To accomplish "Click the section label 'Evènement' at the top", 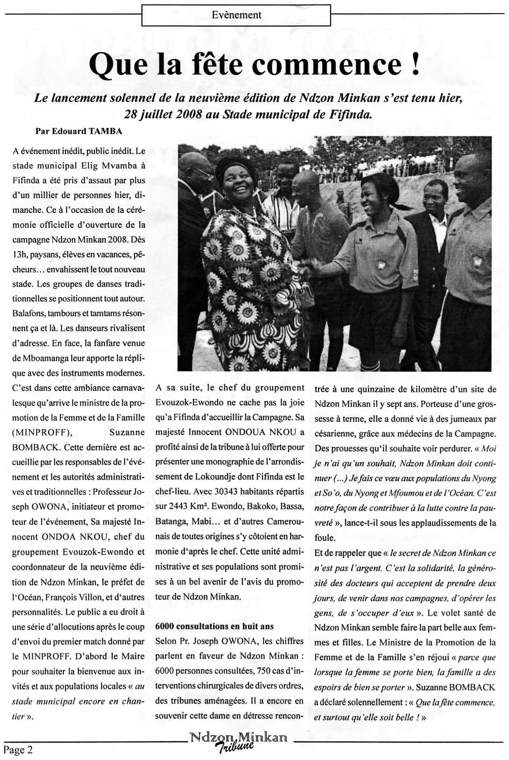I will coord(236,15).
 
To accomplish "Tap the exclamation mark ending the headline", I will coord(415,64).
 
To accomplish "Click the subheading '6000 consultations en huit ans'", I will coord(214,626).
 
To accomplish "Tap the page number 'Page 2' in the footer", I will coord(18,750).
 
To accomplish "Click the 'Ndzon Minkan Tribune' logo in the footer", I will coord(238,740).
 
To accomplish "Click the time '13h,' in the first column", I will coord(20,255).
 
